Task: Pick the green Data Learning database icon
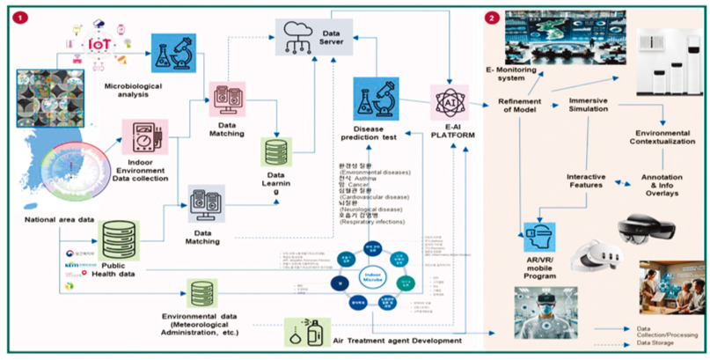click(276, 150)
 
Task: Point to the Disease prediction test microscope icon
click(376, 102)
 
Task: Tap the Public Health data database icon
click(120, 239)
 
